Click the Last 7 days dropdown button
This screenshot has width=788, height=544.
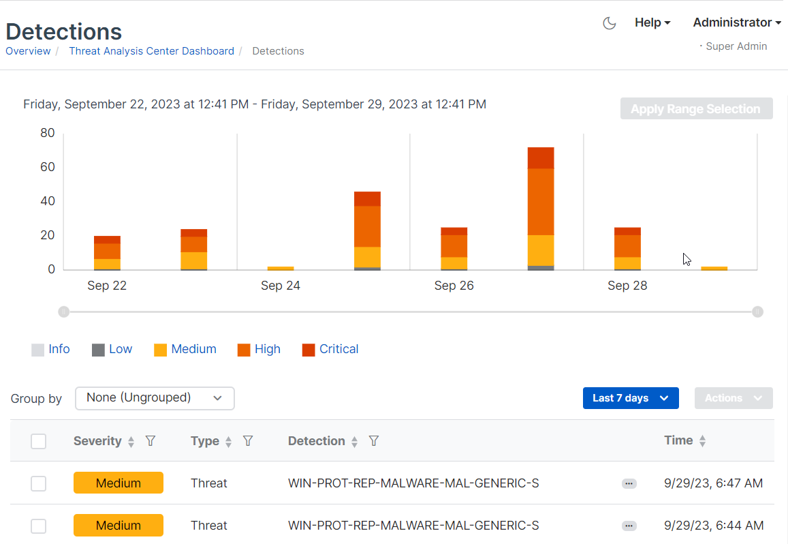pyautogui.click(x=630, y=398)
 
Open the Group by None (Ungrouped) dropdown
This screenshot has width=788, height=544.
pyautogui.click(x=155, y=398)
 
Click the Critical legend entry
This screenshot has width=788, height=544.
pyautogui.click(x=330, y=349)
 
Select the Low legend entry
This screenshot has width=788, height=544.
pyautogui.click(x=112, y=349)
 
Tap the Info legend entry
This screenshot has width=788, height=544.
pyautogui.click(x=50, y=349)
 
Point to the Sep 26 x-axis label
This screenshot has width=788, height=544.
pyautogui.click(x=454, y=286)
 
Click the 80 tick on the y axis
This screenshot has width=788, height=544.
pyautogui.click(x=47, y=133)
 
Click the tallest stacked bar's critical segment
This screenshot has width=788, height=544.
pyautogui.click(x=541, y=157)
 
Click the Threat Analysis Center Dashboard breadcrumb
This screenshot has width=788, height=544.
pyautogui.click(x=151, y=51)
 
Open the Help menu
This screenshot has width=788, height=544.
pyautogui.click(x=652, y=22)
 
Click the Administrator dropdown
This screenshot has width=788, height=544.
pyautogui.click(x=736, y=22)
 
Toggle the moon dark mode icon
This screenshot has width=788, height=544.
pyautogui.click(x=610, y=23)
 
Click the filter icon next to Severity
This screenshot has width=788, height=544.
pyautogui.click(x=151, y=441)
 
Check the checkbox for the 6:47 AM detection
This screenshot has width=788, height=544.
pyautogui.click(x=38, y=483)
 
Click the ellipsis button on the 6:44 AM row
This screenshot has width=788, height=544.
pyautogui.click(x=629, y=526)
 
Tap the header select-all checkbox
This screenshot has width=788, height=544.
pyautogui.click(x=38, y=441)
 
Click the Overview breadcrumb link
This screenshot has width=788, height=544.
pyautogui.click(x=28, y=51)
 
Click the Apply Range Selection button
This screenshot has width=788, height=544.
pyautogui.click(x=696, y=109)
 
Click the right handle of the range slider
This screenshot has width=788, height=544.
pyautogui.click(x=757, y=312)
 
